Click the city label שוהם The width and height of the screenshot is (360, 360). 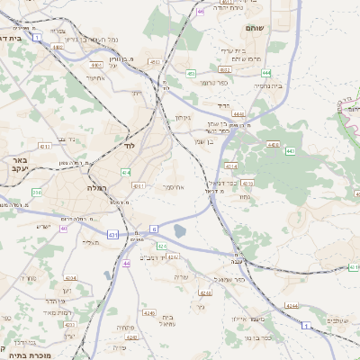253,28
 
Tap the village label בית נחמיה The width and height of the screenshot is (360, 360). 267,85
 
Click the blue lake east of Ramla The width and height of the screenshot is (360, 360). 180,231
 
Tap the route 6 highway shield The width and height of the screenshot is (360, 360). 154,228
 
